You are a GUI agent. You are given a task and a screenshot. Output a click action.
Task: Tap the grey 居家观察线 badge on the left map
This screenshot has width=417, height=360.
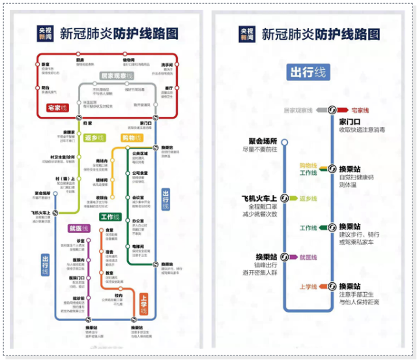tap(117, 76)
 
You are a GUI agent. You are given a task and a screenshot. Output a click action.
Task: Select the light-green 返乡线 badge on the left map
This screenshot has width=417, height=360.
tap(94, 138)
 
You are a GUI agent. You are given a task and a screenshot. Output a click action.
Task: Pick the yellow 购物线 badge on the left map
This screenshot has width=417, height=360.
tap(132, 138)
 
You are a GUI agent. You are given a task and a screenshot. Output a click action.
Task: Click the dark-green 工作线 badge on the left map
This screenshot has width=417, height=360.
tap(111, 216)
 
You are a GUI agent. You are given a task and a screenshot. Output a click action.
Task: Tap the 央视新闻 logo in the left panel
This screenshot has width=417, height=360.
tap(44, 34)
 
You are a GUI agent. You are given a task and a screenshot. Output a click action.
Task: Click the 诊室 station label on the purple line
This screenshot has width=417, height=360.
tap(81, 241)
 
